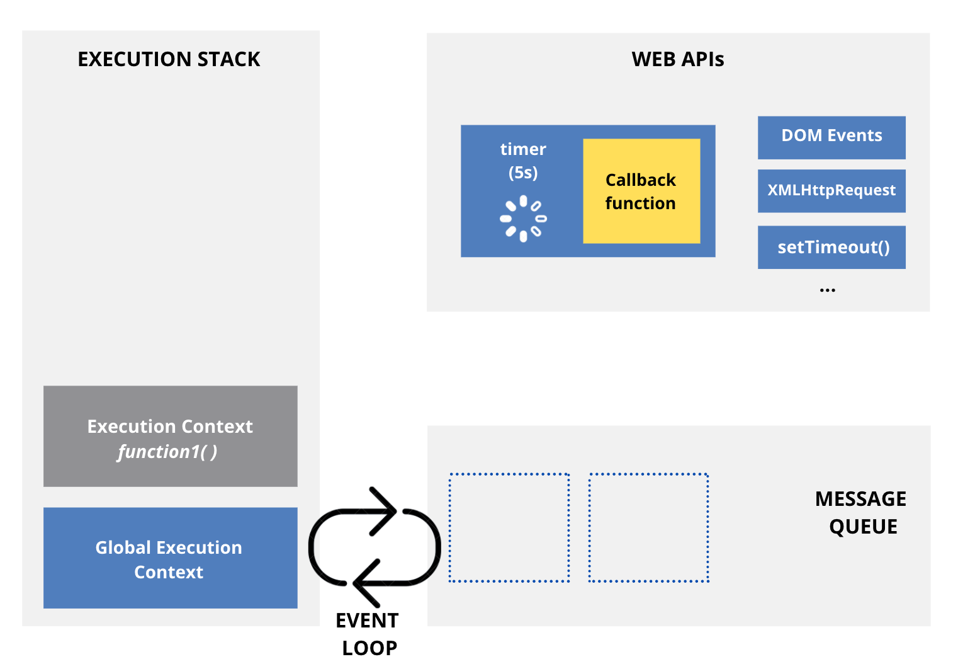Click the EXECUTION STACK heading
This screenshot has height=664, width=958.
169,59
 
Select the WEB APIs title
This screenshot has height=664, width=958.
677,59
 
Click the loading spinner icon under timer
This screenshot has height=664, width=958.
523,219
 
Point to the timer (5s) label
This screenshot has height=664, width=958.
523,161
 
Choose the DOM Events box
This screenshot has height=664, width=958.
831,137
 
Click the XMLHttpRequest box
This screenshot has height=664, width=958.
831,190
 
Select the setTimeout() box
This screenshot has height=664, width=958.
831,247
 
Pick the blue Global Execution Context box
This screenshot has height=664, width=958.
170,558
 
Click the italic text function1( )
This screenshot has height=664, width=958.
167,452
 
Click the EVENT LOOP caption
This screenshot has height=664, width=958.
368,634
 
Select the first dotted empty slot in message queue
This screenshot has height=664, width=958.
509,527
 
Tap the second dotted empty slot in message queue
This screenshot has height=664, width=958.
648,527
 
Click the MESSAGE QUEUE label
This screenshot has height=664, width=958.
861,512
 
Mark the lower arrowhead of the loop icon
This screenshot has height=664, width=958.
365,583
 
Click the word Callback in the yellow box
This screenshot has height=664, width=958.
640,180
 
